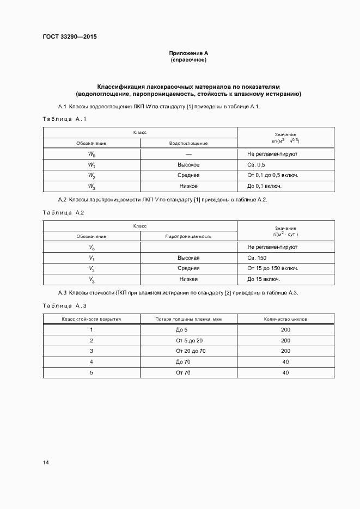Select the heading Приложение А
coord(188,53)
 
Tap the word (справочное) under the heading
coord(188,59)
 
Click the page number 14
coord(46,463)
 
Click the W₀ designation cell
coord(91,155)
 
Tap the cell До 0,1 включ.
coord(264,186)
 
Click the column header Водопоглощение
coord(188,143)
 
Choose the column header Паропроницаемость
coord(188,237)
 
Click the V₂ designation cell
coord(91,269)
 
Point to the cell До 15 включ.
coord(264,279)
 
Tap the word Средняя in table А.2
coord(188,269)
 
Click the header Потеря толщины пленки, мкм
coord(188,319)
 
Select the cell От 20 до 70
coord(188,351)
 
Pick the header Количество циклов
coord(285,319)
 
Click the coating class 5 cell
coord(91,372)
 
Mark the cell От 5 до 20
coord(188,340)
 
